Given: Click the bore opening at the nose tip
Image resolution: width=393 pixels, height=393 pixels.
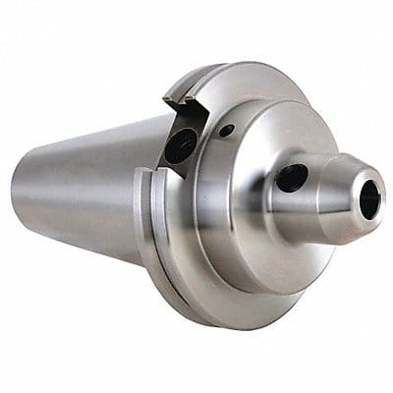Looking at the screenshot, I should pos(368,200).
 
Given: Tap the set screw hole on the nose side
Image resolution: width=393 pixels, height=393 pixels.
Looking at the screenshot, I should pos(292,178).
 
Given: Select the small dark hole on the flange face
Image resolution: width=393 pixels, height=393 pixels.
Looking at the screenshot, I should pos(226,131).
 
